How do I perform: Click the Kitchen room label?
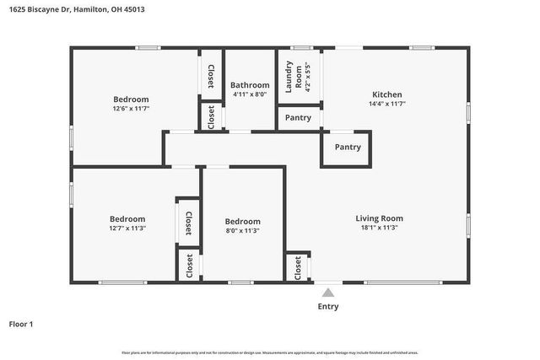[387, 94]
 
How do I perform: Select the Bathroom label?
[250, 85]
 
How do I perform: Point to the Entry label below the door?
[328, 307]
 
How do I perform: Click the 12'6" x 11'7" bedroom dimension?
[131, 109]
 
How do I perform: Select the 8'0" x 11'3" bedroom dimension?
[242, 230]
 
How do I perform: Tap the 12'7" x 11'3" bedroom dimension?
[127, 228]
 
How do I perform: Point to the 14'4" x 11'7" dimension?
[387, 104]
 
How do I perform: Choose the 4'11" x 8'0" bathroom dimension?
[250, 94]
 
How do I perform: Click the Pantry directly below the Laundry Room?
[298, 118]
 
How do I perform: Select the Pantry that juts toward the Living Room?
[348, 148]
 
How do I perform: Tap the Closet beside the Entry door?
[298, 268]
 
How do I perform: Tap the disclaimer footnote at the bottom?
[269, 352]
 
